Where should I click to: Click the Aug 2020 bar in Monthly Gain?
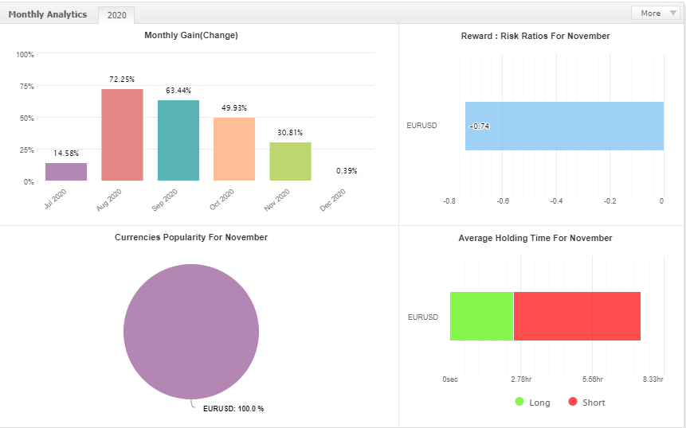coord(122,134)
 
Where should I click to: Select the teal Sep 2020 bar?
coord(178,140)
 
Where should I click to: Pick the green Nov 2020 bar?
coord(290,161)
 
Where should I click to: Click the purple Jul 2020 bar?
coord(66,172)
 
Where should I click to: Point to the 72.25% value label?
coord(122,80)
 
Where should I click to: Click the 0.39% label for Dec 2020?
coord(347,170)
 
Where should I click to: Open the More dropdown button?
coord(654,13)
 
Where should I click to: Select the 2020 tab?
coord(116,15)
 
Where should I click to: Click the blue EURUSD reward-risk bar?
coord(564,126)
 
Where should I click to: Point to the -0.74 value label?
coord(480,126)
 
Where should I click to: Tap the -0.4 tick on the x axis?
coord(556,201)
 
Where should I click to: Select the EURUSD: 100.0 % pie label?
coord(233,409)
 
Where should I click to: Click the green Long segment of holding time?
coord(481,316)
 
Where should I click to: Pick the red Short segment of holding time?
coord(577,316)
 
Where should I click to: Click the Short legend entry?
coord(586,403)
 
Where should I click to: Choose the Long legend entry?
coord(532,403)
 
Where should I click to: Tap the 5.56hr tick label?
coord(593,379)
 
